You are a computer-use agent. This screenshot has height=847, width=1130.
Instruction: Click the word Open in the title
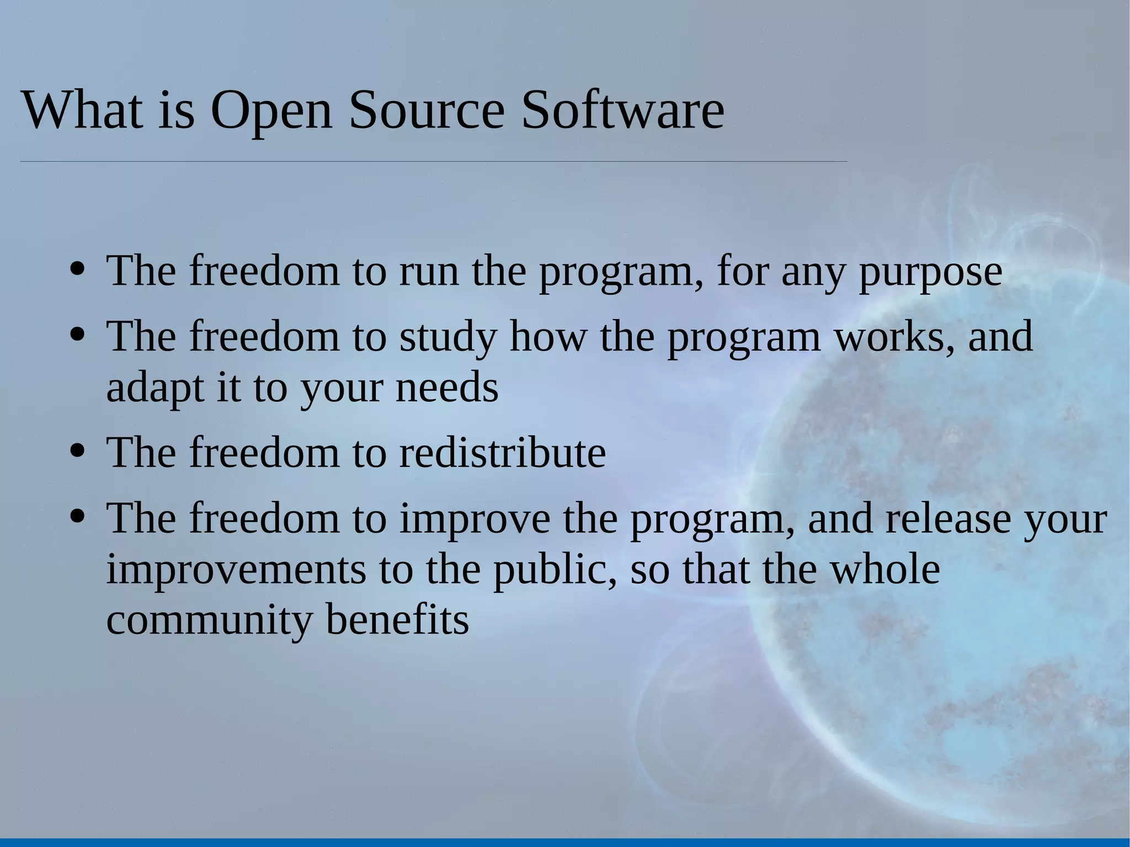click(271, 110)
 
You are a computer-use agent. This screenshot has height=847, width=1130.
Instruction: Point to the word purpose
click(930, 272)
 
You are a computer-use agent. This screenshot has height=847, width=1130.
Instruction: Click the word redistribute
click(502, 453)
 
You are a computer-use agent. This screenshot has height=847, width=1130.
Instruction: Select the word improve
click(475, 520)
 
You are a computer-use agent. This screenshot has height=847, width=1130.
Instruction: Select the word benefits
click(397, 619)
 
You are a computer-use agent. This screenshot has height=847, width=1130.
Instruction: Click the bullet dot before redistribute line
click(78, 450)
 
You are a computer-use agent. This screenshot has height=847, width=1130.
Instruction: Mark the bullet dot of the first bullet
click(78, 269)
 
